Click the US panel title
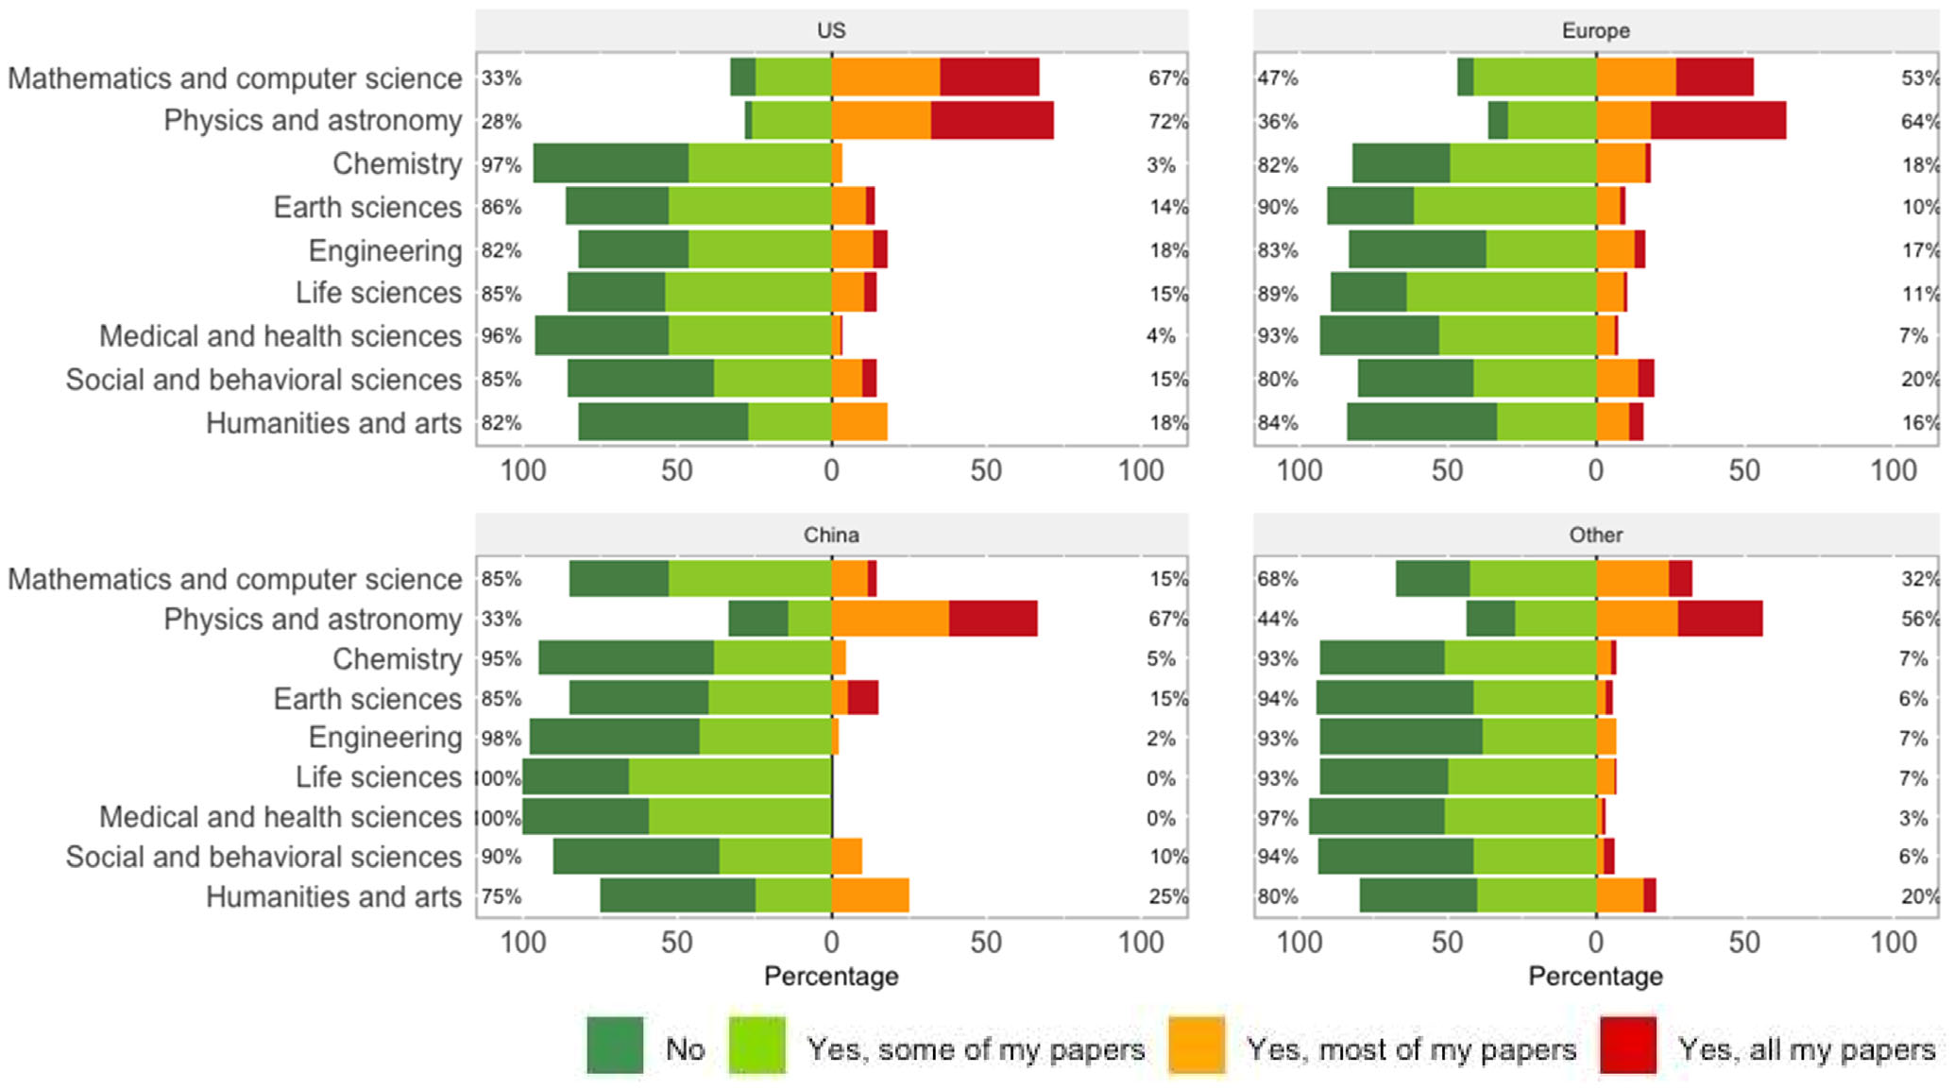point(831,30)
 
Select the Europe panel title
point(1595,30)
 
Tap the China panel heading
point(831,535)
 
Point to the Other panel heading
point(1595,535)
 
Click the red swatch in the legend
point(1628,1045)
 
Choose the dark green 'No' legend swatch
point(615,1045)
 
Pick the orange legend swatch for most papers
point(1197,1045)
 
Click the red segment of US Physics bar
point(992,121)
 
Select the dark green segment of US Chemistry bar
point(610,163)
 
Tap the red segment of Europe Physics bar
point(1718,121)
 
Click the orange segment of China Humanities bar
point(870,895)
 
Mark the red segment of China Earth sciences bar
point(863,698)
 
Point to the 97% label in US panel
point(501,164)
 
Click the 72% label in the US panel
point(1168,122)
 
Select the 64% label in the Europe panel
point(1920,122)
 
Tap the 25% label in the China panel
point(1168,896)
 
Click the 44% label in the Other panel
point(1277,619)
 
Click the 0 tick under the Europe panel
point(1595,470)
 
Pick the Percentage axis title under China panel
point(831,976)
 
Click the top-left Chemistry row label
point(397,163)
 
